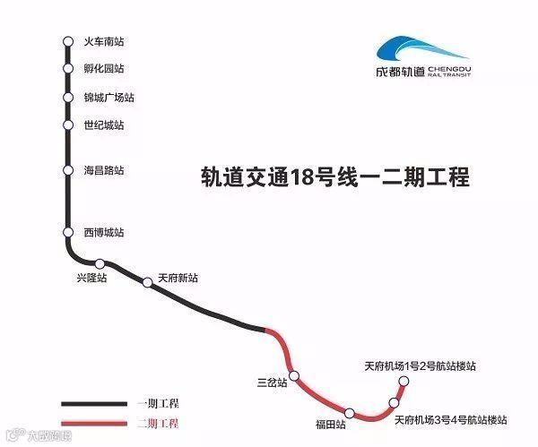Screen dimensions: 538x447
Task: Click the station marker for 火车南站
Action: [67, 41]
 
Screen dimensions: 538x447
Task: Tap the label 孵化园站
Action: [103, 69]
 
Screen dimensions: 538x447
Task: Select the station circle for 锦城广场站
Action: [67, 98]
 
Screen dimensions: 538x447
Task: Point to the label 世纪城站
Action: [103, 125]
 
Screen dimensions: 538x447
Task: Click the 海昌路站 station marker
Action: [67, 170]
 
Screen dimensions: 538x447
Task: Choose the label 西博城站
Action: [103, 233]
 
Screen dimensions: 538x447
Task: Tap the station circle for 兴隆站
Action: [100, 263]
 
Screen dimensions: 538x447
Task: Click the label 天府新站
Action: [179, 279]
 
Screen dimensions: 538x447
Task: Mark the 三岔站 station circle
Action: [293, 375]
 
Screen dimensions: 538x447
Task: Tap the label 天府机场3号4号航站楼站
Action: [451, 418]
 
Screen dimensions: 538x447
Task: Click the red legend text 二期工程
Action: [158, 423]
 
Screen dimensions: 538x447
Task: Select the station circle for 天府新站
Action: [148, 283]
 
